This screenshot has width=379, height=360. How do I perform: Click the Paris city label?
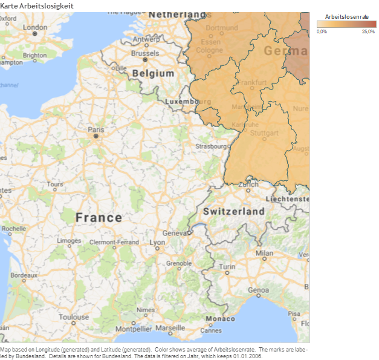pos(96,129)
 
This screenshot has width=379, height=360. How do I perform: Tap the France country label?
pos(99,217)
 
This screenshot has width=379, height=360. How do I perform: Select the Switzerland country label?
pos(233,211)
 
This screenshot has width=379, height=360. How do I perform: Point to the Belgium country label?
pos(153,73)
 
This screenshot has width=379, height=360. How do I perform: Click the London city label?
pos(34,27)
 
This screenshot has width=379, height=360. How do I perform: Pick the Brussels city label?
pos(144,53)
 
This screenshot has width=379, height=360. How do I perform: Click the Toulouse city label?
pos(74,316)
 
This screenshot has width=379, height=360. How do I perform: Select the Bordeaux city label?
pos(24,275)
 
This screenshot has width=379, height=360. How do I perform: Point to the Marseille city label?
pos(170,327)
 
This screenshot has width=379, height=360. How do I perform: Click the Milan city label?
pos(264,253)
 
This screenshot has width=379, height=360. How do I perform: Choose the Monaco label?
pos(220,319)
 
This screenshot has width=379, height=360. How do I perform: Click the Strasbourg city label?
pos(210,146)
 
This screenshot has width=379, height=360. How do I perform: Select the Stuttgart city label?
pos(264,133)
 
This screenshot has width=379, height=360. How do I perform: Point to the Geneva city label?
pos(174,233)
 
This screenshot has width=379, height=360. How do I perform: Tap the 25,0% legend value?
pos(368,31)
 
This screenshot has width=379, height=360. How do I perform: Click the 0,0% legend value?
pos(322,31)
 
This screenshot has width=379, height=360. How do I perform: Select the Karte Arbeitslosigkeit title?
pos(37,5)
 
